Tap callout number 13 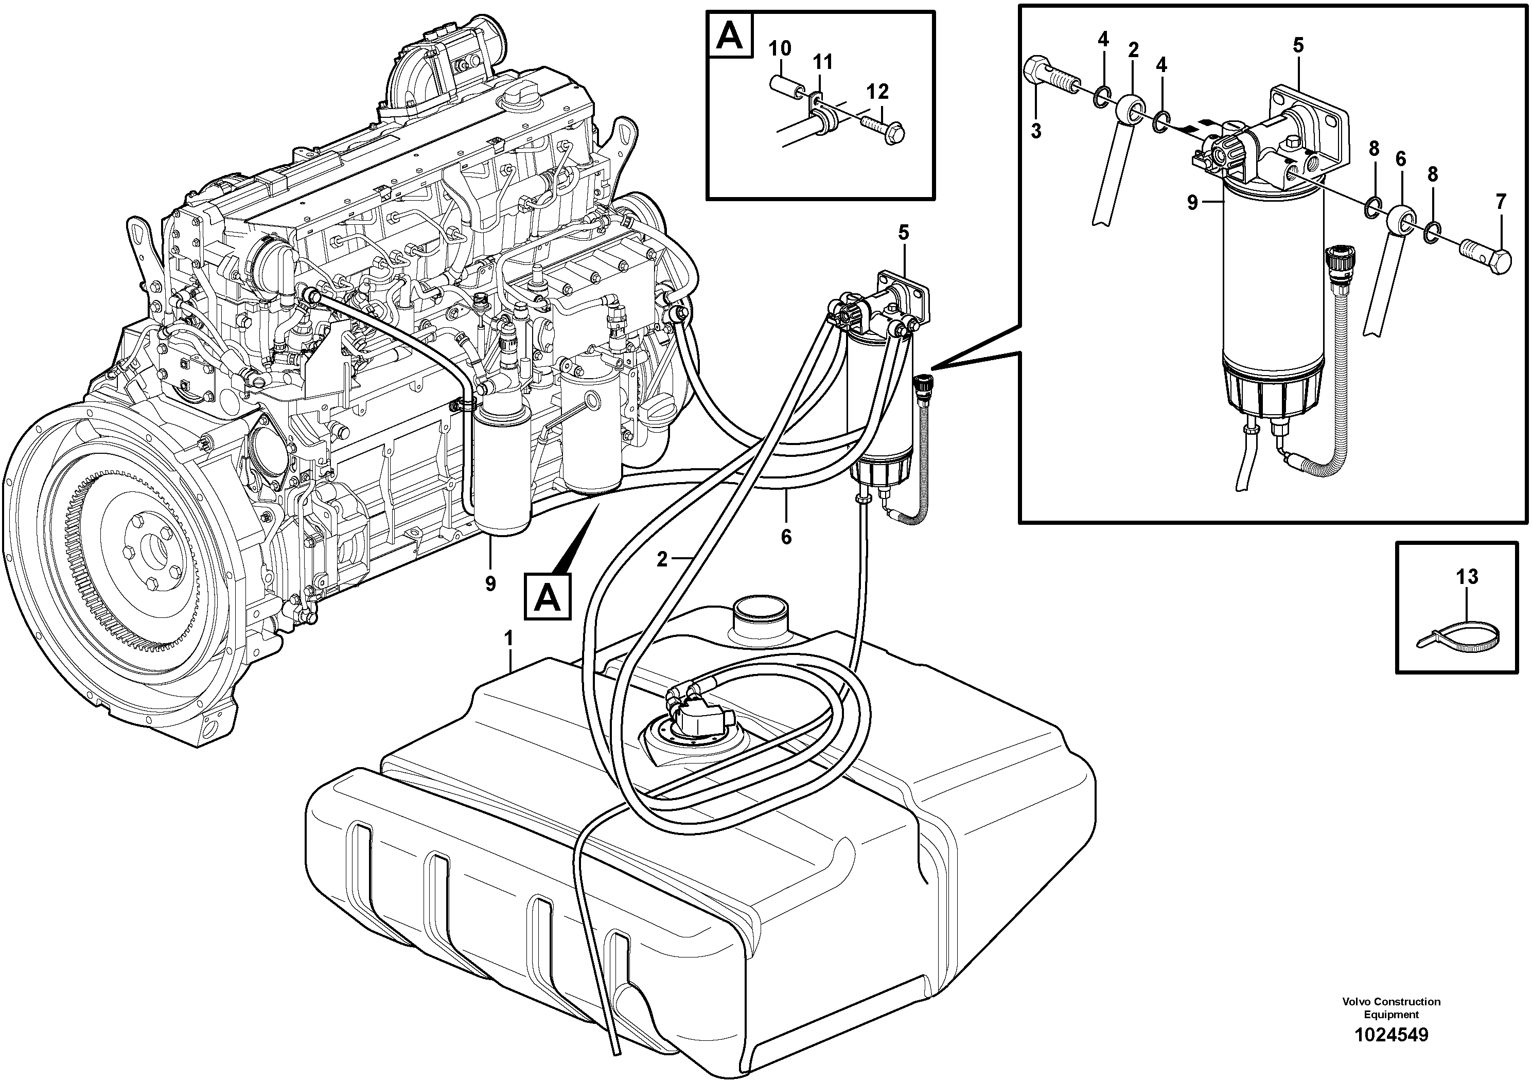tap(1467, 576)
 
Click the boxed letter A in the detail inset tap(729, 37)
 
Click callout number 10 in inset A tap(779, 49)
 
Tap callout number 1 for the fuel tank tap(509, 639)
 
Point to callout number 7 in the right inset tap(1501, 202)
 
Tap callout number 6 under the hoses tap(786, 536)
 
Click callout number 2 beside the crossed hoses tap(661, 559)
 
